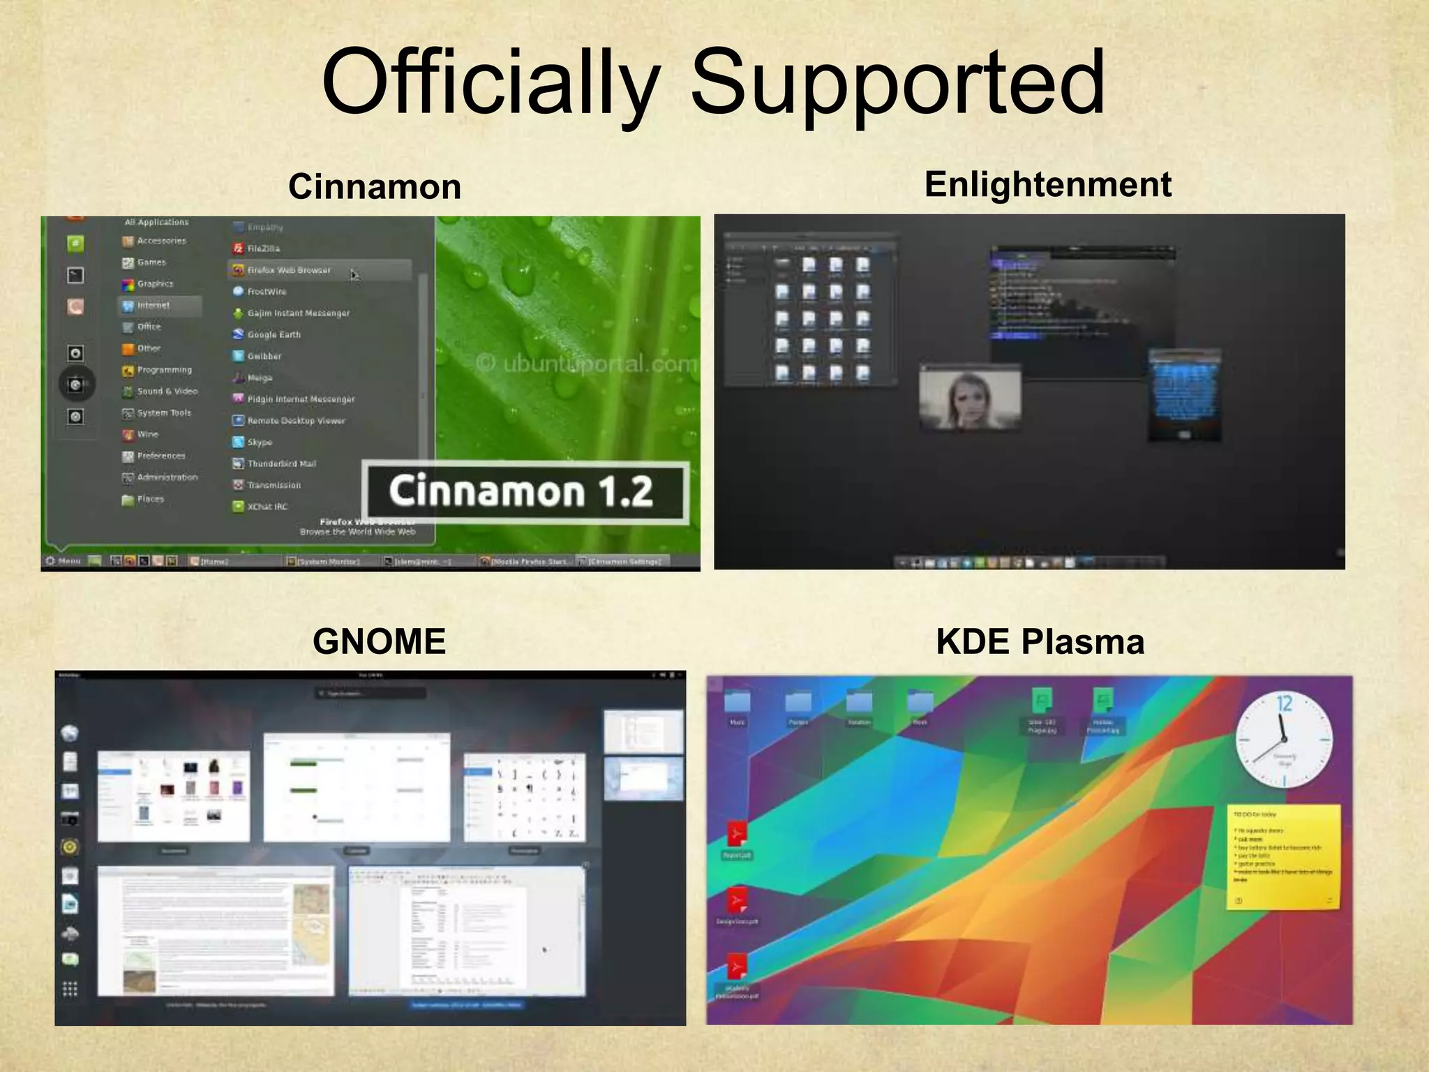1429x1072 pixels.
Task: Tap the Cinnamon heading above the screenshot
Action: click(375, 187)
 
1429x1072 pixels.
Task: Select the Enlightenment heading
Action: click(1047, 185)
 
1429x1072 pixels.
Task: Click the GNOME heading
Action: click(379, 641)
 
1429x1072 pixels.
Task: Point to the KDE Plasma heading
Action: click(1040, 641)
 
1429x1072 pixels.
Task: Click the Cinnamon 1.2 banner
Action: click(522, 491)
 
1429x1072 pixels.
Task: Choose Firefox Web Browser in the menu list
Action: click(289, 270)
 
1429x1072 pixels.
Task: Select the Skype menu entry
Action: click(260, 442)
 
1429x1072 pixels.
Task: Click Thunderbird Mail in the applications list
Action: click(281, 464)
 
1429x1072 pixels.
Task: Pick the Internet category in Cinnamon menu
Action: click(153, 306)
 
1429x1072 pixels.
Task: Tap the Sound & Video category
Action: click(167, 392)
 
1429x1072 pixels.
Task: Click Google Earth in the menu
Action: click(274, 335)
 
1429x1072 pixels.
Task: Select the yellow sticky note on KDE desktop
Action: click(1282, 857)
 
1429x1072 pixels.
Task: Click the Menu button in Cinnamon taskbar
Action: click(63, 561)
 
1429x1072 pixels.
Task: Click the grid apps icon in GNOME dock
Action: click(70, 989)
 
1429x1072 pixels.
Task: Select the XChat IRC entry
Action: click(267, 507)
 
